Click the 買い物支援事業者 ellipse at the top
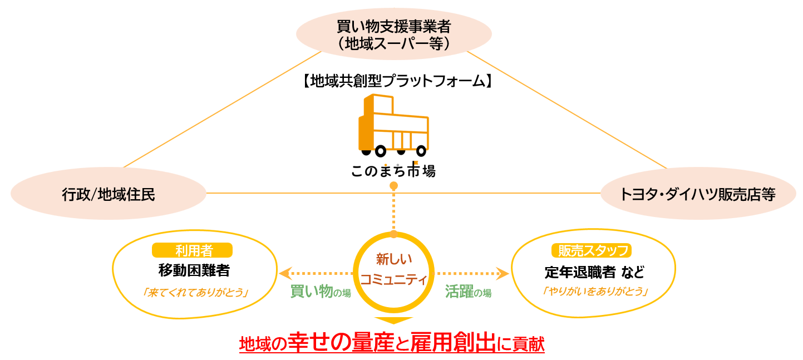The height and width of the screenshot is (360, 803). [393, 34]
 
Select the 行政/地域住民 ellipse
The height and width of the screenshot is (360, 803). [109, 194]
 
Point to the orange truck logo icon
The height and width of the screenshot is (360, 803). [393, 126]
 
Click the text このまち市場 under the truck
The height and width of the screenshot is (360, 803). [393, 170]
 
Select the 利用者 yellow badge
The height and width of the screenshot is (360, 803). [192, 250]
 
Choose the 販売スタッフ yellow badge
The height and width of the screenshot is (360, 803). [592, 251]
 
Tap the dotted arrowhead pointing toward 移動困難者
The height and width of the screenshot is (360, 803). [284, 273]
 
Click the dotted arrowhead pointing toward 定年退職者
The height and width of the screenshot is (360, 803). [503, 273]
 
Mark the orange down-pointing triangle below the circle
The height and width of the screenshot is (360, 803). [393, 320]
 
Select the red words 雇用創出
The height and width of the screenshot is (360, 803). [452, 343]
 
